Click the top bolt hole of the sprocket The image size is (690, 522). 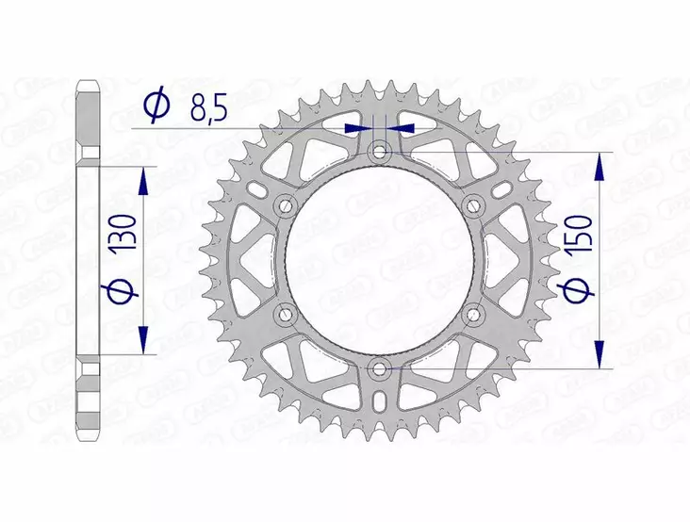tap(379, 150)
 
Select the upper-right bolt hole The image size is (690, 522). tap(474, 204)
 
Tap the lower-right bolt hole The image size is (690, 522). tap(474, 313)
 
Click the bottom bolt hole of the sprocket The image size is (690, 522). tap(379, 367)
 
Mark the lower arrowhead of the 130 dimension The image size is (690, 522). tap(143, 341)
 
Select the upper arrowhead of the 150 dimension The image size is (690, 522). tap(598, 165)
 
